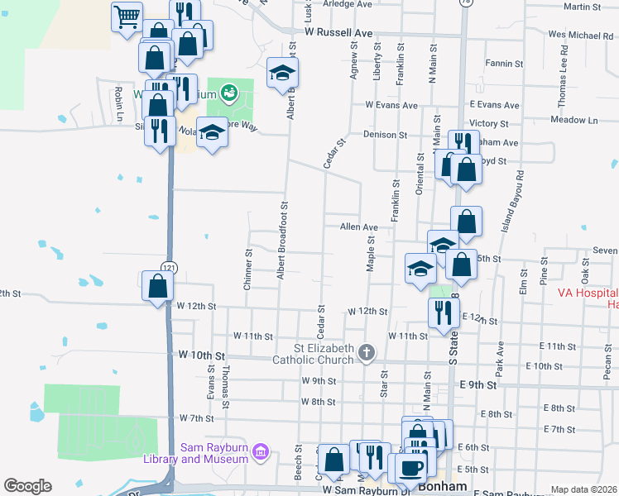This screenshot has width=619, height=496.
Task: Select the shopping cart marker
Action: [127, 17]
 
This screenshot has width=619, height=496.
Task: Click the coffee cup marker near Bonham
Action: [411, 467]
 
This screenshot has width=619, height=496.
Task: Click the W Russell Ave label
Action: [338, 33]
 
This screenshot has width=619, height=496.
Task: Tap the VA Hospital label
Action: [587, 293]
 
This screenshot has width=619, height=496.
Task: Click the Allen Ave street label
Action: [358, 227]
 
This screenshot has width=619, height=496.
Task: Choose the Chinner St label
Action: [247, 269]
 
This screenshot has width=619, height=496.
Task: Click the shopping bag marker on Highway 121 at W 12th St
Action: [156, 287]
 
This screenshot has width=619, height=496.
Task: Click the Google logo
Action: [27, 486]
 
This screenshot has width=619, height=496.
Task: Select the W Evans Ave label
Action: [391, 106]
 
